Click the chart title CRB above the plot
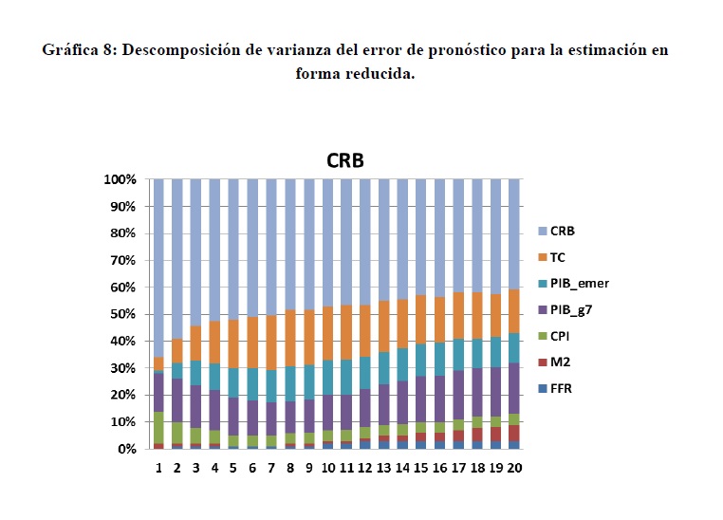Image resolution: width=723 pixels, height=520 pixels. click(x=344, y=160)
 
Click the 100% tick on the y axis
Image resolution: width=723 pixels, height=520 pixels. click(x=120, y=179)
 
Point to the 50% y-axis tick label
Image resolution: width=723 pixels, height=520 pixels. click(x=123, y=314)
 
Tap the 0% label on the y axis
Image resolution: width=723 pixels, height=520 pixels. click(x=127, y=449)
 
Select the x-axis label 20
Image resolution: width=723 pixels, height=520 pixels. click(x=513, y=468)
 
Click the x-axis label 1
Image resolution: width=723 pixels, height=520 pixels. click(x=158, y=468)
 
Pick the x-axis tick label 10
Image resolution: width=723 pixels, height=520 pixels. click(x=326, y=468)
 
